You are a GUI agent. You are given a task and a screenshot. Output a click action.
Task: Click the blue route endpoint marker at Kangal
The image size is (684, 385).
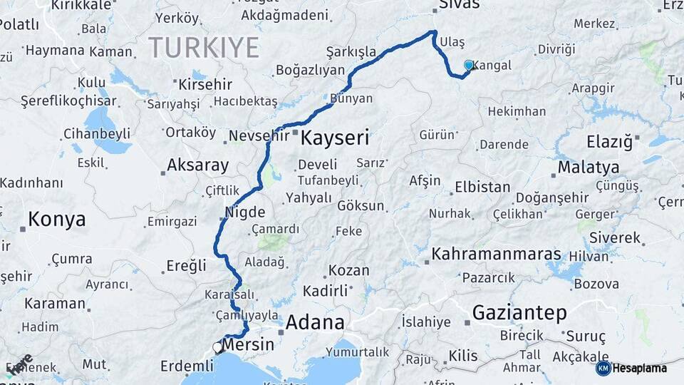(x=469, y=66)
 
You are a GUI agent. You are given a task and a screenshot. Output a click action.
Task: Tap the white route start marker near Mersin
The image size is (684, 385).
(x=217, y=347)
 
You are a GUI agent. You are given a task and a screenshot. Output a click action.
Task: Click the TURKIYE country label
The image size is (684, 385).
(x=204, y=48)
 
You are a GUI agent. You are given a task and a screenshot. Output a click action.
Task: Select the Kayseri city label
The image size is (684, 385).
(x=335, y=138)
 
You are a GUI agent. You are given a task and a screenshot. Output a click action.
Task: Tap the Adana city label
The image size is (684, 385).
(x=315, y=322)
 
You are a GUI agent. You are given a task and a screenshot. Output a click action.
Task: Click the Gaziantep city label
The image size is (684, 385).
(x=519, y=312)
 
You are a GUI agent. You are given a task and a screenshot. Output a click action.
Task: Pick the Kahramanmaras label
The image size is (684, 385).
(x=497, y=255)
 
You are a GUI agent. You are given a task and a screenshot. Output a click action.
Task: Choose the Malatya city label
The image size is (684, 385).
(x=588, y=168)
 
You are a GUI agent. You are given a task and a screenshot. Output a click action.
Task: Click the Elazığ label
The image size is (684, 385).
(x=609, y=142)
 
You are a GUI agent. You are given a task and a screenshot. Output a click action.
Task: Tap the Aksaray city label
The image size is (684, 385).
(x=197, y=165)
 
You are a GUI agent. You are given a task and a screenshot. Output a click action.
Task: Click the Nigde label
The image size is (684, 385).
(x=245, y=212)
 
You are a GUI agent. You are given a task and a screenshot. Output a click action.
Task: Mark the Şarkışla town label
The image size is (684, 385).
(x=351, y=52)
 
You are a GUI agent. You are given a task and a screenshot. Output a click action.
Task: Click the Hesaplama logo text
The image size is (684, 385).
(x=640, y=368)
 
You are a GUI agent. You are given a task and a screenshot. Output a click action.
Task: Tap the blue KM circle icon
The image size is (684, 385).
(x=603, y=368)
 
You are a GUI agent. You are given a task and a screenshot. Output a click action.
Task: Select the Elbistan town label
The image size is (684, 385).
(x=483, y=188)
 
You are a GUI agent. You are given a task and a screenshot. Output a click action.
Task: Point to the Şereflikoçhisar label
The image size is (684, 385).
(x=68, y=101)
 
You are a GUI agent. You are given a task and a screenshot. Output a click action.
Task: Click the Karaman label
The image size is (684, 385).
(x=54, y=303)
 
